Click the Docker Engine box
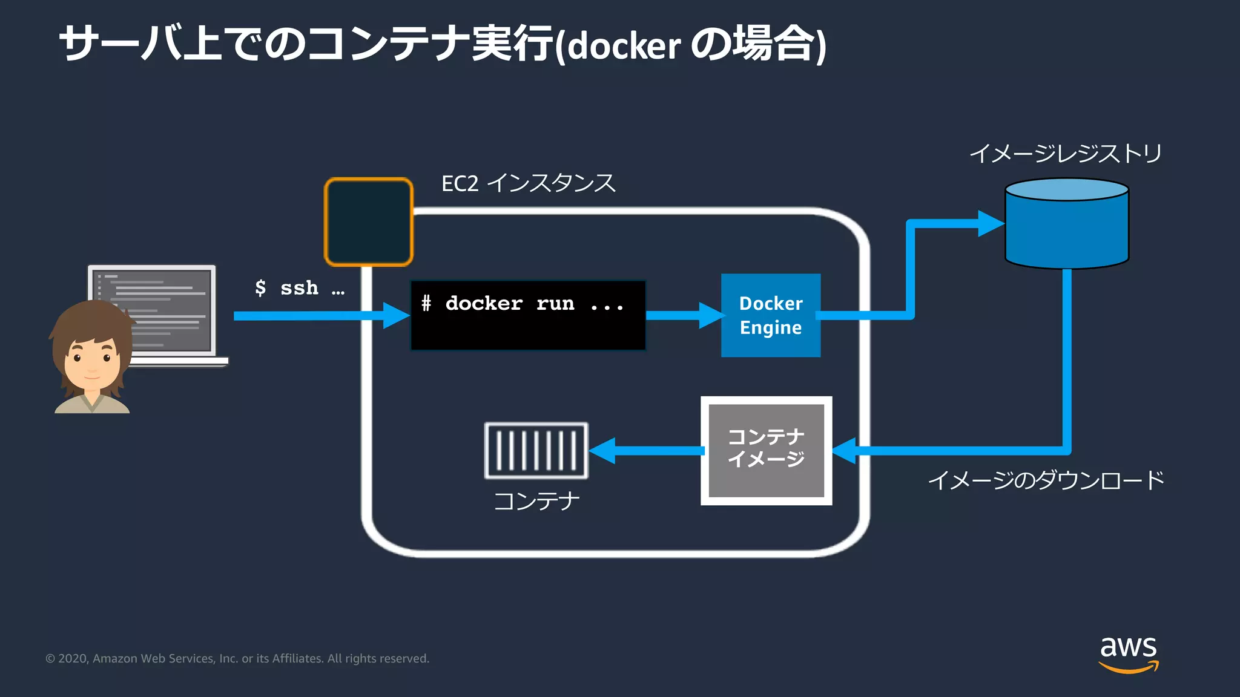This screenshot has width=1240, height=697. [770, 315]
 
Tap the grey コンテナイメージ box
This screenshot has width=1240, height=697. [766, 451]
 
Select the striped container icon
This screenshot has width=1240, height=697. [536, 451]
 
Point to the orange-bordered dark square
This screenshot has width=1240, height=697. [369, 222]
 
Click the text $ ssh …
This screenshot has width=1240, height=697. [299, 288]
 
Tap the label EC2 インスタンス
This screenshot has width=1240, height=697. [528, 183]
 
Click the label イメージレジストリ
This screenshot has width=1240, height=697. [1066, 153]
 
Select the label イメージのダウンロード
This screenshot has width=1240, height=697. [1046, 480]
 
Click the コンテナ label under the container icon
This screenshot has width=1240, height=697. [536, 501]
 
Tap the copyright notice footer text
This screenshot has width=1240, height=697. [237, 658]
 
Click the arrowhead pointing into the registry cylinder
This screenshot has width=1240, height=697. [991, 224]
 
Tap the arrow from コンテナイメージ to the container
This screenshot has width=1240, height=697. [648, 451]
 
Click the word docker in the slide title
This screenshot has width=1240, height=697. [624, 46]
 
